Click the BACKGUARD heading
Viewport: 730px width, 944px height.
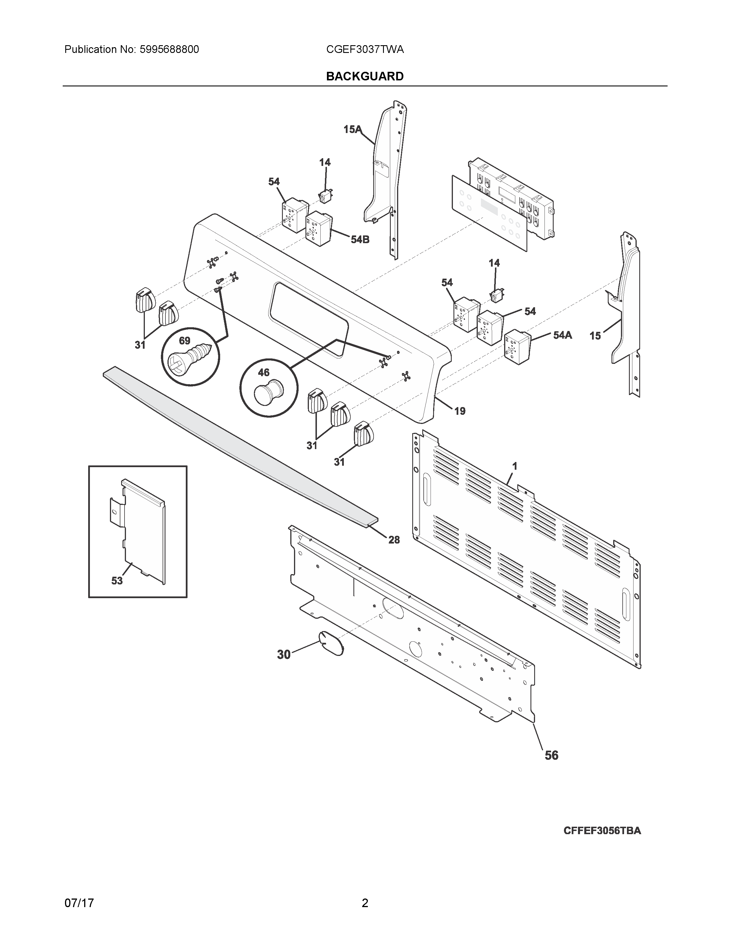[364, 76]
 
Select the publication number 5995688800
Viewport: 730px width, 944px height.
[169, 50]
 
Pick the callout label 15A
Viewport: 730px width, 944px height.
[352, 129]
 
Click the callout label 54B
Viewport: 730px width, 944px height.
[360, 239]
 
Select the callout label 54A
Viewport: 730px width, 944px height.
[562, 335]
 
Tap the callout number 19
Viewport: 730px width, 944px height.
[460, 411]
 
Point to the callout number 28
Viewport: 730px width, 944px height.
[394, 540]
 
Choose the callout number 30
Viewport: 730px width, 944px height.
[284, 655]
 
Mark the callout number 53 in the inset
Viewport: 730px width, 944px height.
[117, 581]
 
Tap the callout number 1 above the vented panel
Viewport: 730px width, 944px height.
[515, 466]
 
